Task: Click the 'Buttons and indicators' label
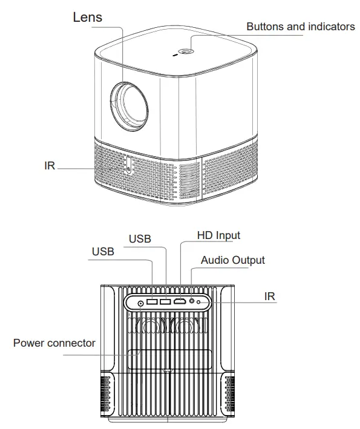[301, 27]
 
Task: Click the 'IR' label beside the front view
[50, 166]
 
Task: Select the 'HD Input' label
[219, 235]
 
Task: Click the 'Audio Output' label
[233, 260]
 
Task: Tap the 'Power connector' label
[54, 343]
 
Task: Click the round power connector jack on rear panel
[142, 303]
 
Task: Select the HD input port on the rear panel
[180, 301]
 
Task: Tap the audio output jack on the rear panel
[193, 301]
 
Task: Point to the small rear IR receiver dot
[200, 301]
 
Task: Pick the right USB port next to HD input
[165, 301]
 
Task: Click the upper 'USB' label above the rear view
[140, 239]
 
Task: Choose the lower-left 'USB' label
[103, 252]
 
